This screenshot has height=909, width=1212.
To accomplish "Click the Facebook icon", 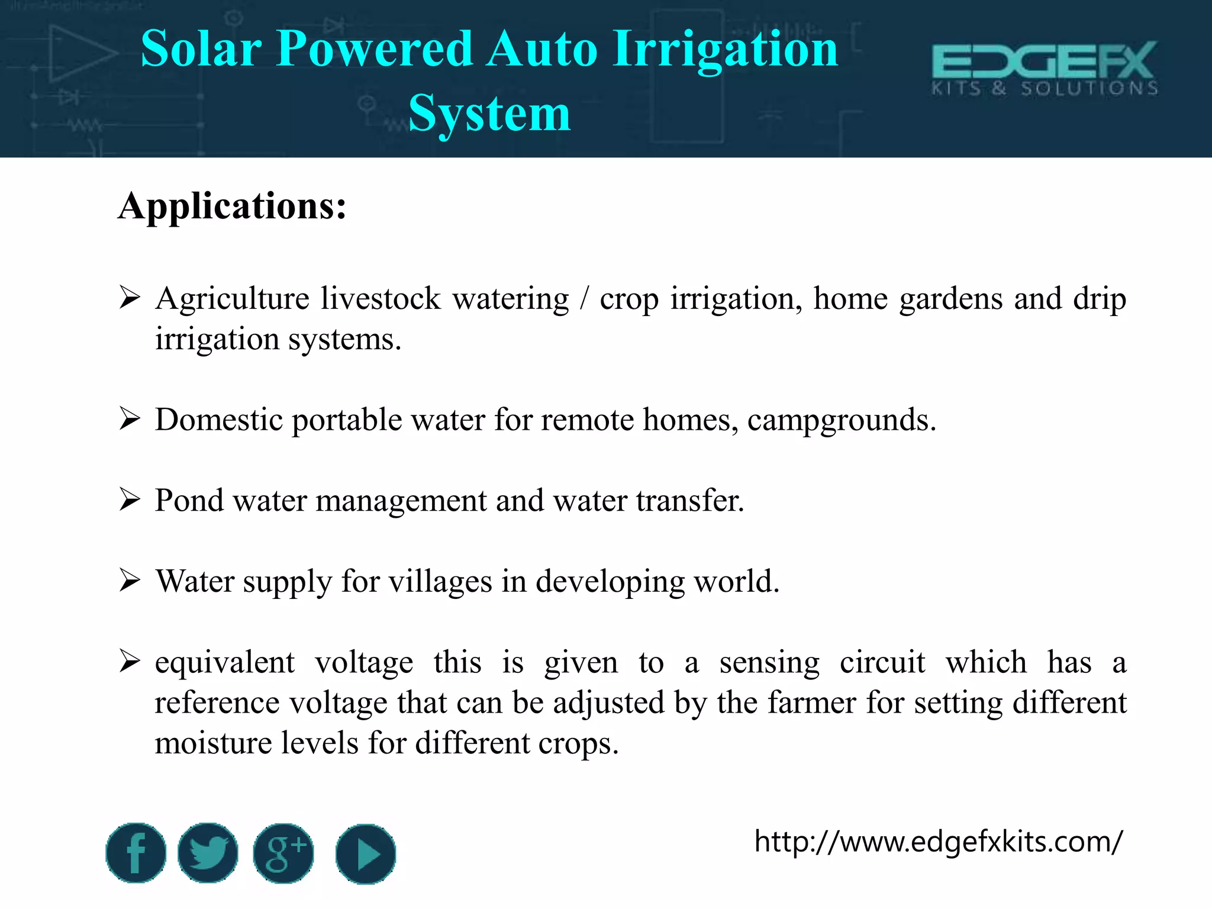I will [x=136, y=853].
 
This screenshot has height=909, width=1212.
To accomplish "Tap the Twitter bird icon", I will [x=208, y=853].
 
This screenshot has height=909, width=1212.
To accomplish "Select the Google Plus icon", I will [x=283, y=853].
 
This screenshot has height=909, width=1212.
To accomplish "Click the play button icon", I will [x=365, y=854].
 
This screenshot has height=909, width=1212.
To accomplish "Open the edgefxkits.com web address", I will [x=938, y=841].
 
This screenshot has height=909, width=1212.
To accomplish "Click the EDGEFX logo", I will [x=1045, y=68].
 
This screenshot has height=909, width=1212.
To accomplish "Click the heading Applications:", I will [x=232, y=206].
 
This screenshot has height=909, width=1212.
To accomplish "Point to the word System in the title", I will [x=489, y=113].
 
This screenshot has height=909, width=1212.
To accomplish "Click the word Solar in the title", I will [x=201, y=49].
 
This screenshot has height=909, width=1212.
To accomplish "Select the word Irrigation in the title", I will [x=726, y=49].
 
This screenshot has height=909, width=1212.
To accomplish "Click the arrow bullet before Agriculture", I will [x=129, y=297].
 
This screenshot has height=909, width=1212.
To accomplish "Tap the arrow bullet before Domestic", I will [x=129, y=418].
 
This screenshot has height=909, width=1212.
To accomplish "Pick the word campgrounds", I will [x=841, y=420].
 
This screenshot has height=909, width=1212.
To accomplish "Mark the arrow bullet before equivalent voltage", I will [x=129, y=660].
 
